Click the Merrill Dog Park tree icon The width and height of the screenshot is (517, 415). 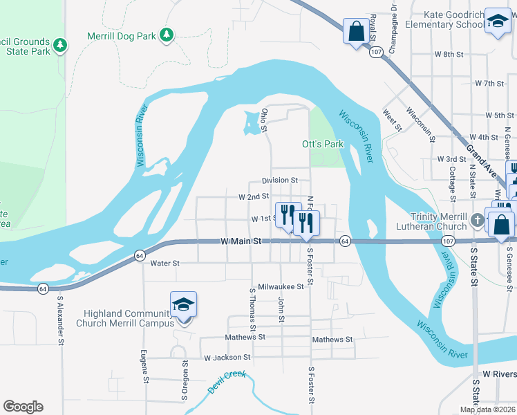point(166,34)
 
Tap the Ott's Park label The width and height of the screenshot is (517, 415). point(323,145)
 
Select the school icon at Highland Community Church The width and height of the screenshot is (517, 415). point(183,305)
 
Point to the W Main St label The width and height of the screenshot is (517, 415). point(241,241)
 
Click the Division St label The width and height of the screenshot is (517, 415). point(279,180)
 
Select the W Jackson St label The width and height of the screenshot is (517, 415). point(227,358)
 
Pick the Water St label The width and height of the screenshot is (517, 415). point(164,263)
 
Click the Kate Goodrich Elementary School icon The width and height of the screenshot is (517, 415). point(497,21)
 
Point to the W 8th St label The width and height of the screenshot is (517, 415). point(449,53)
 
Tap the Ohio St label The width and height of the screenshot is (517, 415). point(264,119)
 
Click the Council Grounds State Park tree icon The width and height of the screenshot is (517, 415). point(60,45)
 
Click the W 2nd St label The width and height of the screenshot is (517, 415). point(253,197)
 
